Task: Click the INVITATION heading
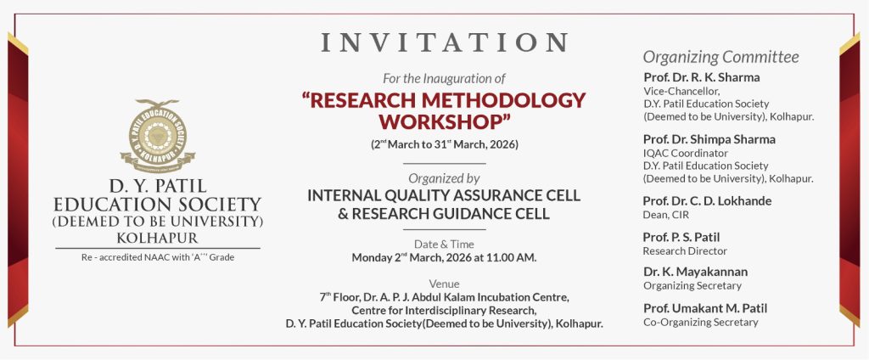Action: [445, 42]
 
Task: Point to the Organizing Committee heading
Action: [721, 57]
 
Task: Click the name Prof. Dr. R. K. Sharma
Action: [702, 77]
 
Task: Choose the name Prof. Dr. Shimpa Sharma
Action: [709, 139]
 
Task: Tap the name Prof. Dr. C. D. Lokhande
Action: [707, 200]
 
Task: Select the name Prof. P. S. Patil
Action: [681, 238]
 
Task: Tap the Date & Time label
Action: [444, 244]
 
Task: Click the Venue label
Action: [444, 284]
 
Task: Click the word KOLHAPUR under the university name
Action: [157, 239]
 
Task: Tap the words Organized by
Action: [444, 178]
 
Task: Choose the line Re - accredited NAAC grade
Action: [158, 257]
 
